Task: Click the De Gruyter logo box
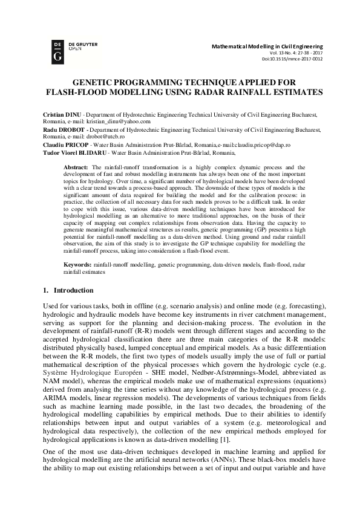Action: [57, 51]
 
